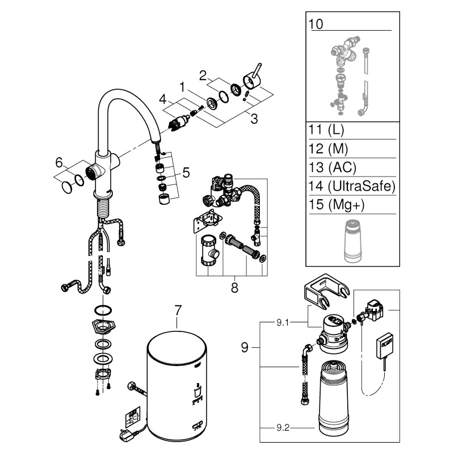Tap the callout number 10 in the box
click(x=314, y=25)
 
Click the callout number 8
click(x=233, y=287)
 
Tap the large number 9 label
click(x=245, y=347)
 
